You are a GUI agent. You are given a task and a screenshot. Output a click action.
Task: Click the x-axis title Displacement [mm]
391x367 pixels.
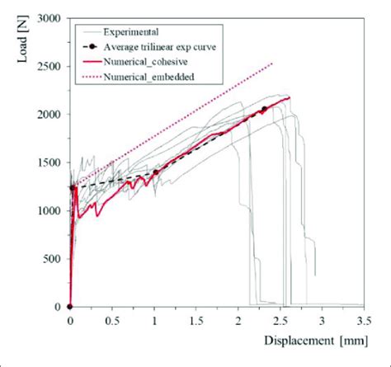pos(311,341)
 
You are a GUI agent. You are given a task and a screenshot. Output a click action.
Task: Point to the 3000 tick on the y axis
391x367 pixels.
pos(47,17)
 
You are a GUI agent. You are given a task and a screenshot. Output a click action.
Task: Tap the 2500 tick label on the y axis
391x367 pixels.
pos(47,66)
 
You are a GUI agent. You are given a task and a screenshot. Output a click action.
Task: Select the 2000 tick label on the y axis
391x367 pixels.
pos(47,114)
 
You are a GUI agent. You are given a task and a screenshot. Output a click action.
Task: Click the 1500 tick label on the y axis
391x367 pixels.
pos(47,162)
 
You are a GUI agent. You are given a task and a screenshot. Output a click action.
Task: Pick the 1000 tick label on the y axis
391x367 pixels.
pos(47,210)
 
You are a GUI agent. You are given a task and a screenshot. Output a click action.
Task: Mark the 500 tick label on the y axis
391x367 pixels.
pos(50,259)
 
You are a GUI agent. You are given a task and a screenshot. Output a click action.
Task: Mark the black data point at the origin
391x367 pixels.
pos(69,307)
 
